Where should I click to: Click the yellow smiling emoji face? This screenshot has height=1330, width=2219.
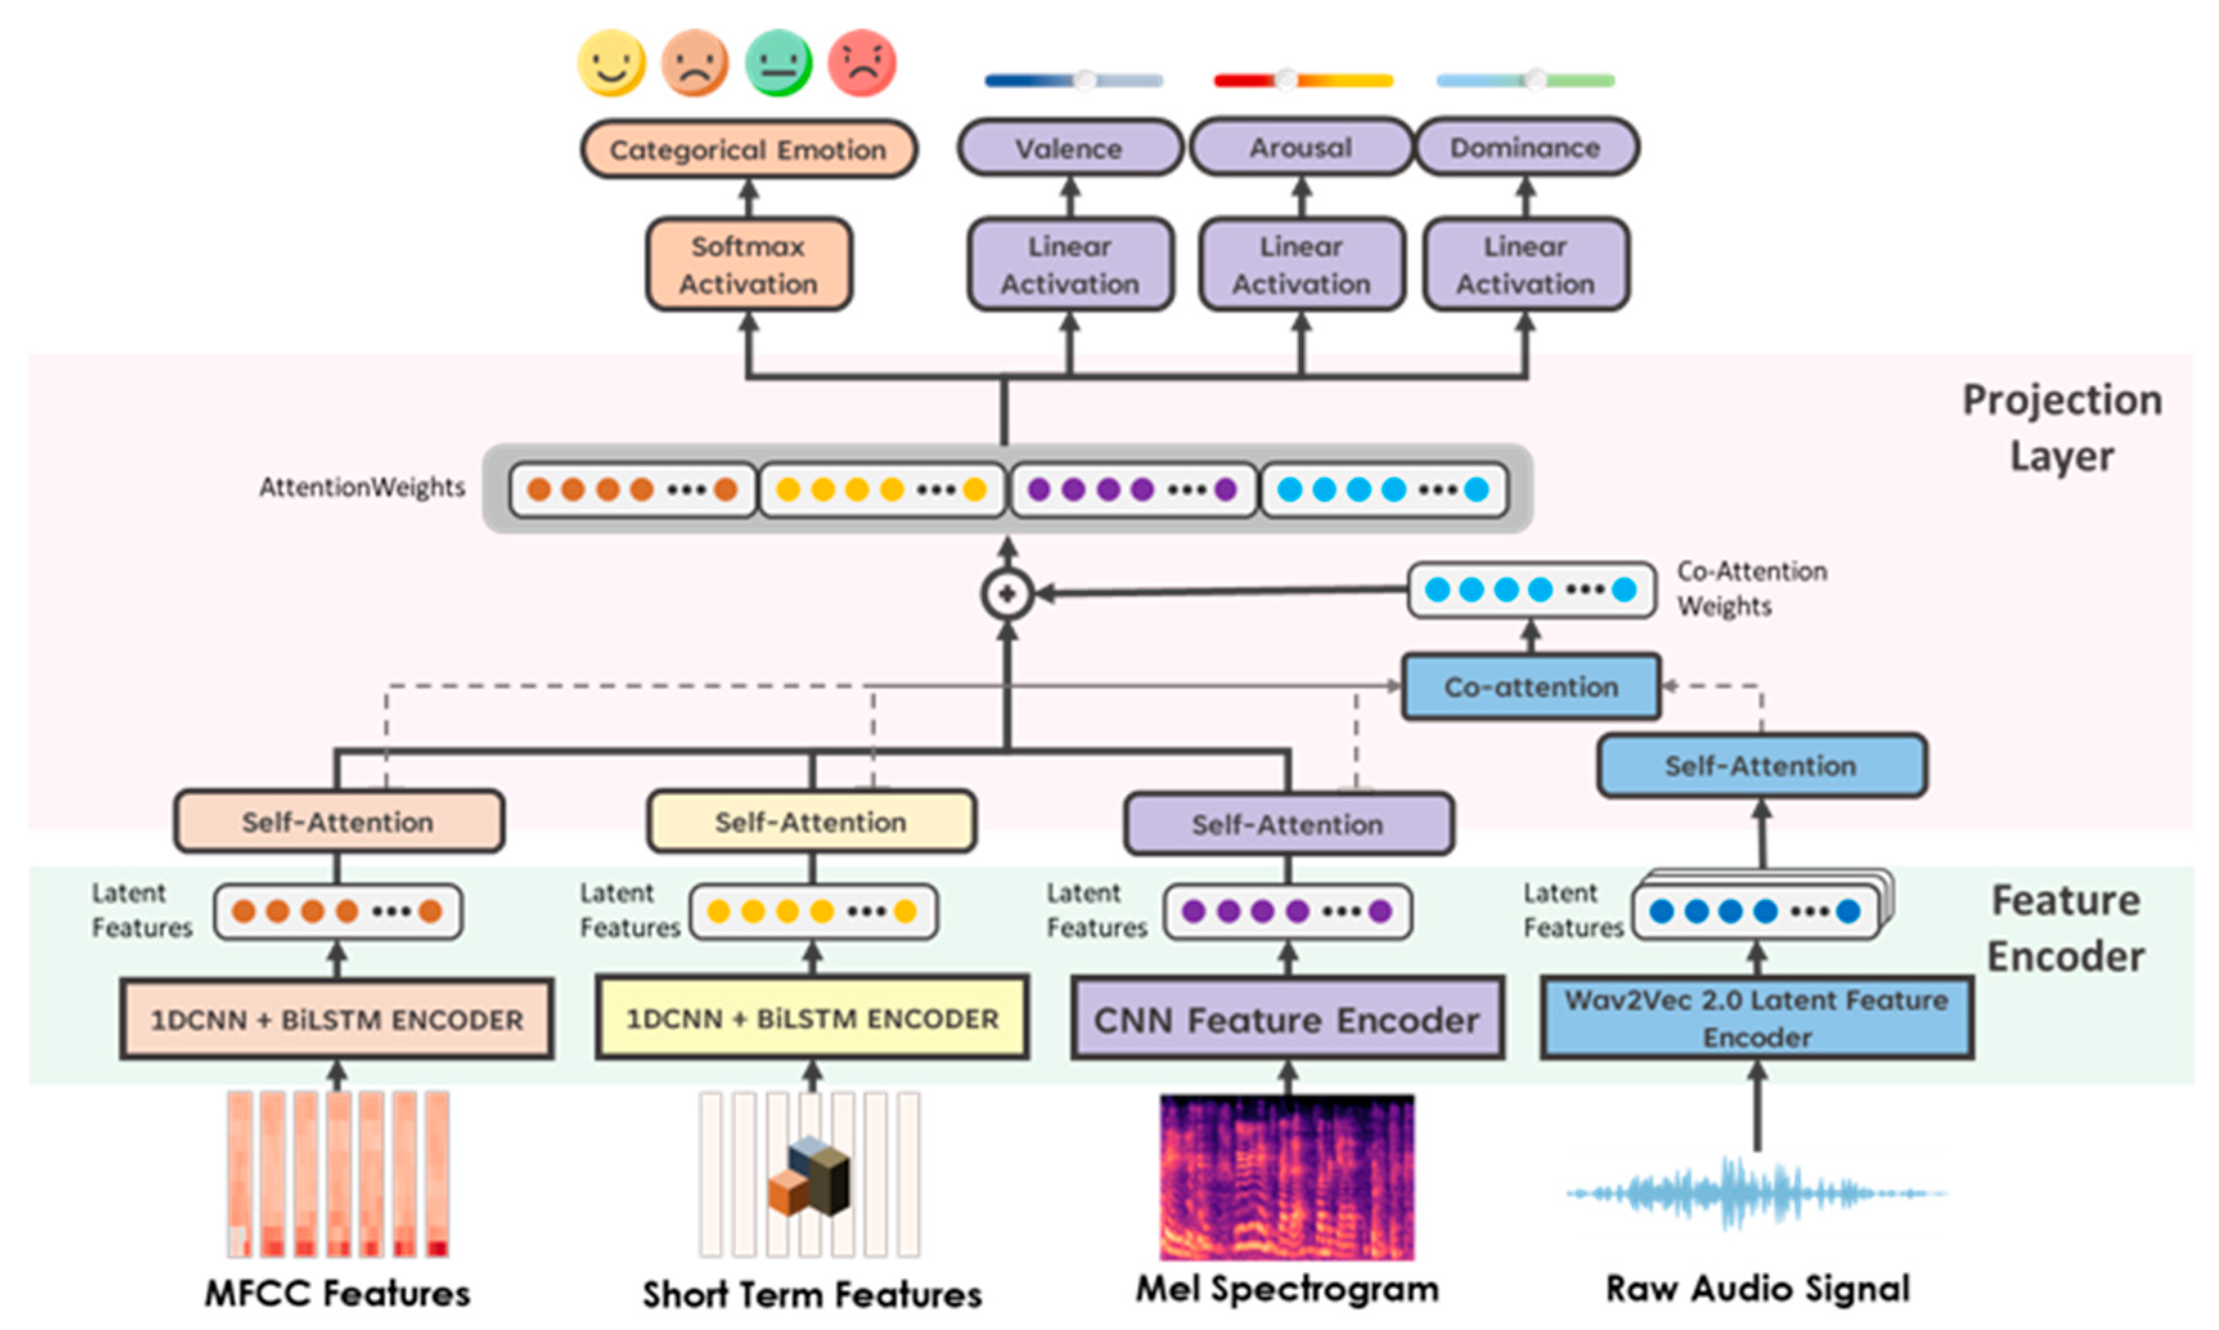click(x=611, y=63)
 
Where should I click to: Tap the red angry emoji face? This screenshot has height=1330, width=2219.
click(x=861, y=63)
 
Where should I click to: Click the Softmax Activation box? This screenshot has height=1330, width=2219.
click(x=748, y=264)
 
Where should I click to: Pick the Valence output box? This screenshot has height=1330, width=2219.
click(x=1069, y=148)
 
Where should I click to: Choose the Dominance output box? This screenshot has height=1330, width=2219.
click(x=1525, y=147)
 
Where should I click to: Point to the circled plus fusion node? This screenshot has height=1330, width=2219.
click(x=1007, y=593)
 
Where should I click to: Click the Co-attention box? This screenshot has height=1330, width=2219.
click(x=1531, y=687)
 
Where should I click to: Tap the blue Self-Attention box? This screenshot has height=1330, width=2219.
click(x=1761, y=766)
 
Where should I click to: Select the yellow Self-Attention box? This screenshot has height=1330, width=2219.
click(x=811, y=821)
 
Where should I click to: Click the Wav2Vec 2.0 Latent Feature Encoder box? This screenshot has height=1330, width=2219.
click(x=1757, y=1018)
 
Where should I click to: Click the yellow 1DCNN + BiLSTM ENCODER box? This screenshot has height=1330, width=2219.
click(x=812, y=1018)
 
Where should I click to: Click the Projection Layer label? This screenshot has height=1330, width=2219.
click(x=2062, y=427)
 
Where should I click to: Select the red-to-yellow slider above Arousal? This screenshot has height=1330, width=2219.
click(x=1302, y=80)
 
